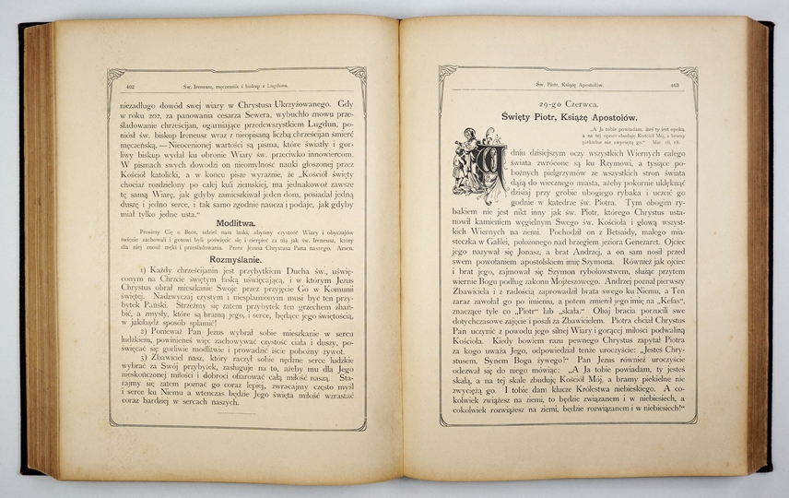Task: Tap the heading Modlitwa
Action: pos(239,223)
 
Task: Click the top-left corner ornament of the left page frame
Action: pos(114,73)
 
